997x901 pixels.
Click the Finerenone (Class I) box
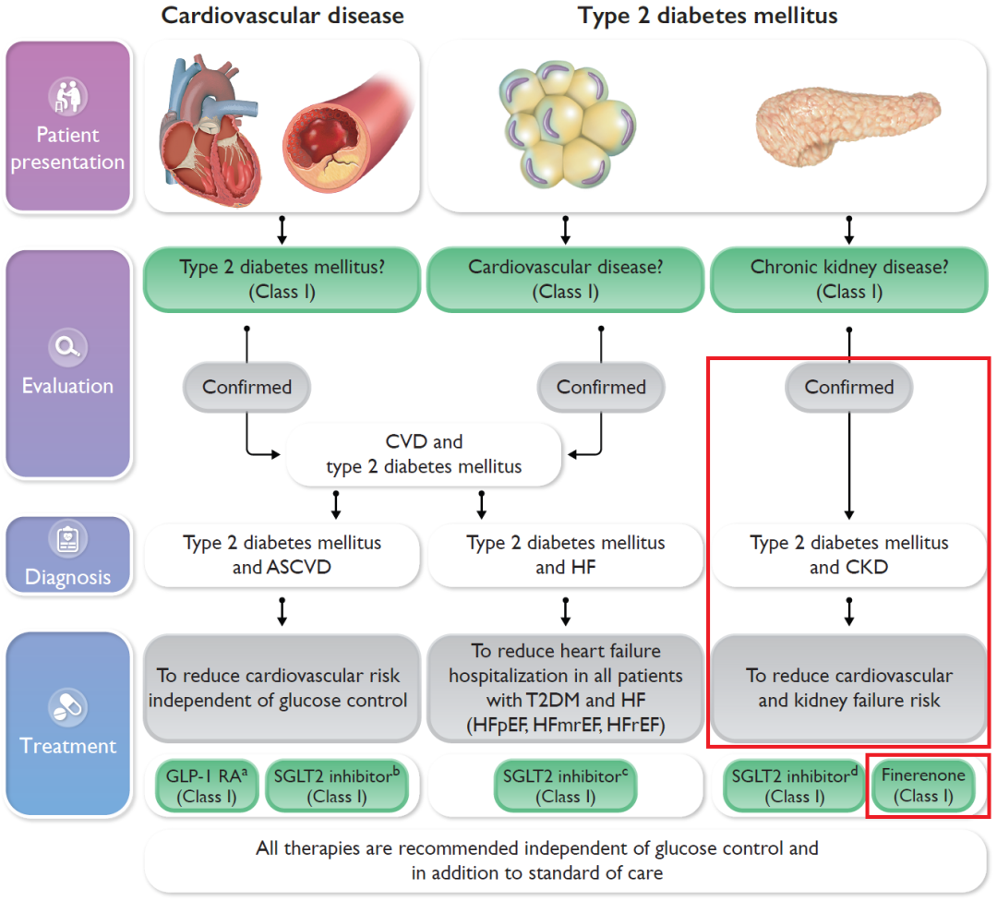pos(923,786)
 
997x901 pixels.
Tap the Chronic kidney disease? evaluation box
pos(848,279)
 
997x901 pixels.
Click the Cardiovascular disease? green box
pos(565,279)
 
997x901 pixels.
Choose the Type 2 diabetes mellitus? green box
pos(282,279)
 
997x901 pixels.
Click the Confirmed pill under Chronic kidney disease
pos(848,387)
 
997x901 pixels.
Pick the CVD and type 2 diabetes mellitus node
pos(424,454)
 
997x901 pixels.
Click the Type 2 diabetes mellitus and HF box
pos(565,554)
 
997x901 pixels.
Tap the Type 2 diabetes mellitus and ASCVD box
pos(282,554)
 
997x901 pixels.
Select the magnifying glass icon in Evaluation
pos(67,347)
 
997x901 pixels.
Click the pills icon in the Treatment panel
pos(67,706)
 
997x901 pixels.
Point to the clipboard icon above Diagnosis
pos(67,540)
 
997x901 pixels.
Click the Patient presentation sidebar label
pos(67,148)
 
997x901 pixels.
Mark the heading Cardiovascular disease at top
pos(282,16)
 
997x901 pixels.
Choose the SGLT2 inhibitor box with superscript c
pos(565,786)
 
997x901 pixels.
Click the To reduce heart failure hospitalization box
pos(565,689)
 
